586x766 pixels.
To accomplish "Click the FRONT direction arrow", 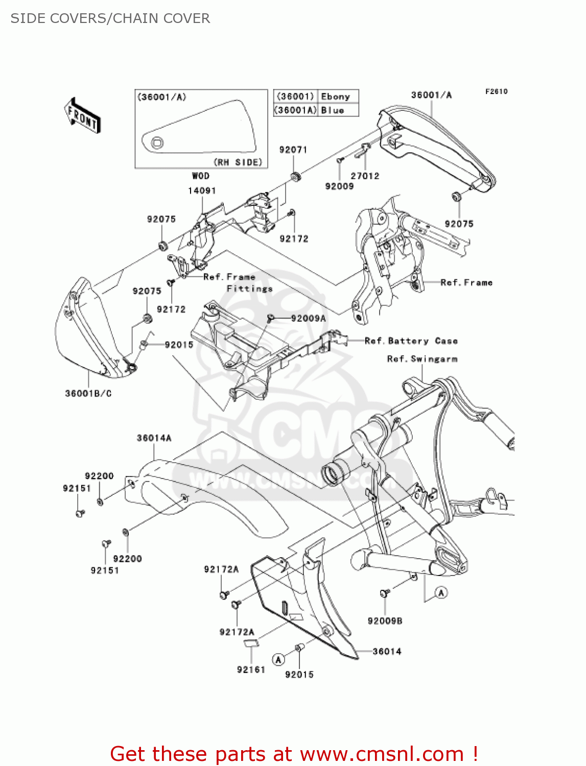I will point(82,115).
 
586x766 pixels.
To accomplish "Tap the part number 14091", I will point(202,190).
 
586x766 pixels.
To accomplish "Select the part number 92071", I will point(293,150).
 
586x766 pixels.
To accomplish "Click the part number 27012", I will point(365,176).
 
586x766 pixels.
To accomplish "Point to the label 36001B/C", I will point(88,393).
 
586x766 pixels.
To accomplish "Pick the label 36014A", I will point(154,438).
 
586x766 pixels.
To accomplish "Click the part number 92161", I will point(251,669).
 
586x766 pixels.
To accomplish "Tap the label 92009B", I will point(385,621).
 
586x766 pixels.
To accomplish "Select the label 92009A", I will point(308,318).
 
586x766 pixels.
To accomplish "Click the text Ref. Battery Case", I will point(411,341).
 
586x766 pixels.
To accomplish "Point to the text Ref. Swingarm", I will point(422,359).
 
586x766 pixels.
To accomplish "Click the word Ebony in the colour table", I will point(335,97).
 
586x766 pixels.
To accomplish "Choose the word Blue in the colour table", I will point(332,110).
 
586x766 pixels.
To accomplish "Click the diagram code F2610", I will point(496,91).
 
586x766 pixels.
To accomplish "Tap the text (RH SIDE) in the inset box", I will point(238,162).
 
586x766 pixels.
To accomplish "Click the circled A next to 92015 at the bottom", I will point(278,659).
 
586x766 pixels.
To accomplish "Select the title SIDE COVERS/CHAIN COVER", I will point(110,18).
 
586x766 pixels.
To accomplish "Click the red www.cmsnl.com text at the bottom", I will point(382,754).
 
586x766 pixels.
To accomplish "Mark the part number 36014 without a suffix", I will point(387,651).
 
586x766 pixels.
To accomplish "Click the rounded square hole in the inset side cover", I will point(157,143).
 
